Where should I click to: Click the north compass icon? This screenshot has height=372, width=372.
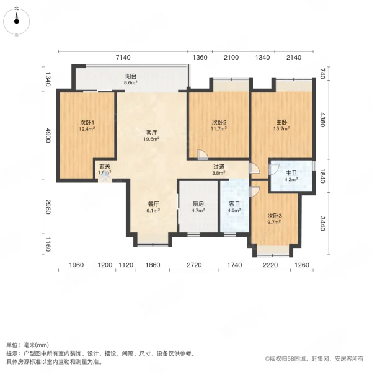[x=16, y=20]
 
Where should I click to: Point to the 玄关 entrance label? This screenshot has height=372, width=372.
[x=105, y=167]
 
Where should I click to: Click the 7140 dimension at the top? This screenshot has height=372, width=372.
[x=124, y=58]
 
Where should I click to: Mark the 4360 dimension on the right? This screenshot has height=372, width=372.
[x=322, y=119]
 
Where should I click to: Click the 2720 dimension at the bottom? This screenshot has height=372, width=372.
[x=194, y=265]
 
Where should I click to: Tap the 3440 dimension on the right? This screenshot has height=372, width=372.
[x=322, y=222]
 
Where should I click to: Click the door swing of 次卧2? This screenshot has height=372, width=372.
[x=201, y=155]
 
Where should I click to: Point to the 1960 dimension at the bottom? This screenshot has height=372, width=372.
[x=76, y=265]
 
